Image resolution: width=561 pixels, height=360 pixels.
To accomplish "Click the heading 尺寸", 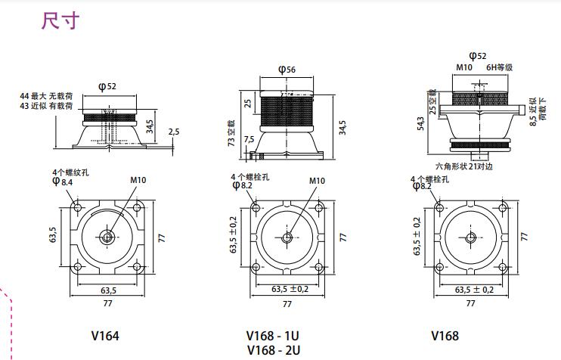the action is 60,20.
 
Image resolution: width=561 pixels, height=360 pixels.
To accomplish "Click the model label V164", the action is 105,336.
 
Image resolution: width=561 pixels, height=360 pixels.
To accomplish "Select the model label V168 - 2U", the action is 274,350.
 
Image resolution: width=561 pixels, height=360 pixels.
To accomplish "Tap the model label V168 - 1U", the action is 273,336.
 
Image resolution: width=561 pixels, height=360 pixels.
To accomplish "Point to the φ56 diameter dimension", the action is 287,69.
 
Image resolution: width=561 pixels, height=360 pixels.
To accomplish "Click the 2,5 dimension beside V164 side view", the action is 174,132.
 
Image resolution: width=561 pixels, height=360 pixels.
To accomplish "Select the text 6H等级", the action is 499,67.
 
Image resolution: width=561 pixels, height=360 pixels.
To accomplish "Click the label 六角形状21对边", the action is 464,166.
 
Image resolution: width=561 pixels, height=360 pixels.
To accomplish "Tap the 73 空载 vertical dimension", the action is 231,133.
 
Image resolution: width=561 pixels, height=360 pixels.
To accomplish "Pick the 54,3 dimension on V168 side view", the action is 420,123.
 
